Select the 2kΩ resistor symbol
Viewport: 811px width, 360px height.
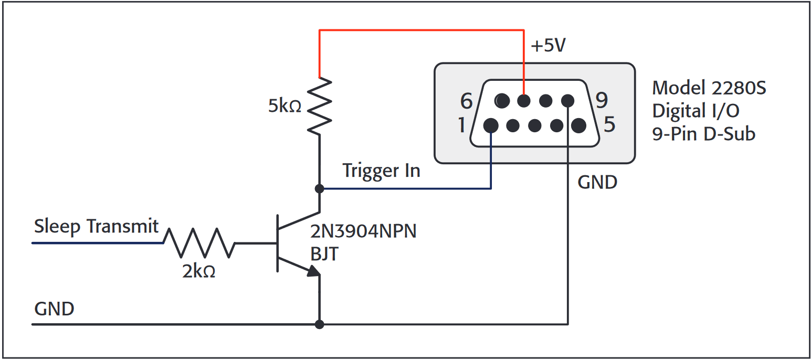click(x=199, y=243)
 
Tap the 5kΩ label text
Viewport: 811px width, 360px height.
click(x=285, y=106)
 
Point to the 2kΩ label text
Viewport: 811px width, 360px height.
click(x=198, y=271)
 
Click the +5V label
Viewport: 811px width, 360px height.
click(x=548, y=46)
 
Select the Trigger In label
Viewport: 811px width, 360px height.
click(x=381, y=171)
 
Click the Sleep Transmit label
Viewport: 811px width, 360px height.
click(x=96, y=226)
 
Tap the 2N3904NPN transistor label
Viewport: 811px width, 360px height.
click(x=363, y=231)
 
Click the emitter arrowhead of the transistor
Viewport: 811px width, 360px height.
click(x=313, y=271)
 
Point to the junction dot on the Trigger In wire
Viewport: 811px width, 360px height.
click(x=319, y=188)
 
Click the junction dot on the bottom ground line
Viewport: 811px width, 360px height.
click(x=319, y=324)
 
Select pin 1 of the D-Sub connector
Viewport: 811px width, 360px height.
click(x=491, y=125)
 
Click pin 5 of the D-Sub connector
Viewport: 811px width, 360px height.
click(x=578, y=125)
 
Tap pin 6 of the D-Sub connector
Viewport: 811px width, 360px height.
click(x=502, y=100)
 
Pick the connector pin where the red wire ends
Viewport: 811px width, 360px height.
click(x=524, y=100)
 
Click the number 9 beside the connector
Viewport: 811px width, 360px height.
click(x=602, y=99)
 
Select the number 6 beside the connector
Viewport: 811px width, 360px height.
click(x=466, y=100)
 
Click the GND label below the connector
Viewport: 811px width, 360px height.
click(x=597, y=182)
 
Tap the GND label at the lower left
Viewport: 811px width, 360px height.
click(x=54, y=309)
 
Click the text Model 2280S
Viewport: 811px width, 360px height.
click(x=709, y=88)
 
